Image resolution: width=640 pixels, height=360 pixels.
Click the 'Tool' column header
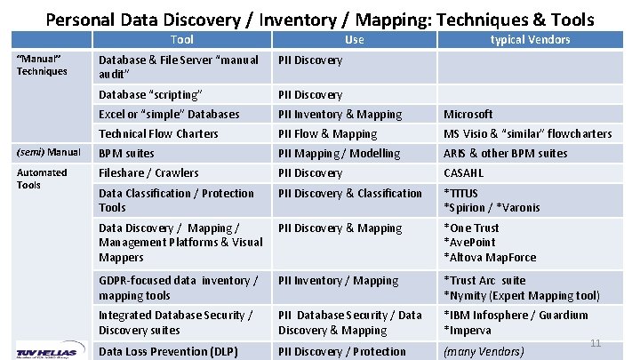pos(181,40)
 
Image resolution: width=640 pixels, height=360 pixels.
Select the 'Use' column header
pos(354,40)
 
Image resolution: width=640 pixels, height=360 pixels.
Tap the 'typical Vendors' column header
pos(530,40)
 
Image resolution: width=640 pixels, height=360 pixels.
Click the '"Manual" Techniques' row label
pos(43,64)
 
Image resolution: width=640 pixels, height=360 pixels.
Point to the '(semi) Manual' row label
pos(49,152)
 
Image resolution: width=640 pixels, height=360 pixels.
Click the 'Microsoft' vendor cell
pos(468,115)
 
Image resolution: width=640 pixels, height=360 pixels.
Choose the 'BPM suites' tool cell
pos(126,154)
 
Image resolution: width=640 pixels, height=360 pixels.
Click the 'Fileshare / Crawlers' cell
pos(148,173)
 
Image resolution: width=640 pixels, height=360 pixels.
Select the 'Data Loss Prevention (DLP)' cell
pos(168,351)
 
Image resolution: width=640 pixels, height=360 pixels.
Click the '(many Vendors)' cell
pos(484,352)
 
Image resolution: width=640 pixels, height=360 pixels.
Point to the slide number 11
pos(596,343)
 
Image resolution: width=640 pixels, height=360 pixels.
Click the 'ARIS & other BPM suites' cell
pos(505,154)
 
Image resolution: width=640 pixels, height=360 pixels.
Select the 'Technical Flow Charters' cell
pos(158,134)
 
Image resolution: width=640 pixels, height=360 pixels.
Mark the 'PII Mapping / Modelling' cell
pos(339,154)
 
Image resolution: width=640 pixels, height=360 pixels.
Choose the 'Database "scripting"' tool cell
pos(150,95)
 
